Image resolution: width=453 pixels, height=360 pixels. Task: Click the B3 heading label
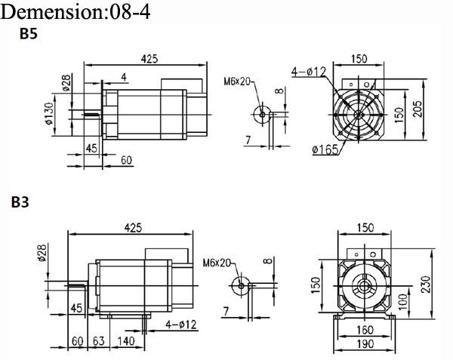click(20, 202)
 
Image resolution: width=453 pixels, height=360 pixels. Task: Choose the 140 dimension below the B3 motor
click(125, 341)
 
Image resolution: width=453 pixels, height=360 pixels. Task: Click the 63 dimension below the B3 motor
click(98, 341)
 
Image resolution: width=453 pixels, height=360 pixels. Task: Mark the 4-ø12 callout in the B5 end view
click(308, 72)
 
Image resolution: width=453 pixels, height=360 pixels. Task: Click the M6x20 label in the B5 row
click(237, 82)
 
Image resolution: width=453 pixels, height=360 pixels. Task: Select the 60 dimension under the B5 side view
click(126, 159)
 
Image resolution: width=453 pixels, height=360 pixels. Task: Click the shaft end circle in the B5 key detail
click(262, 114)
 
